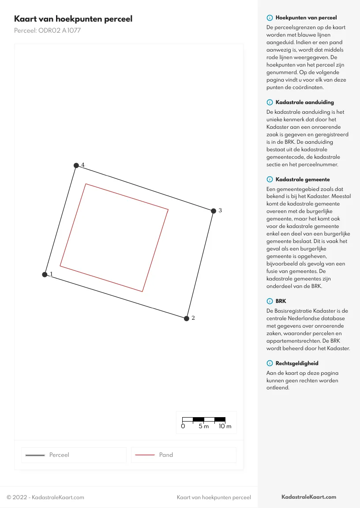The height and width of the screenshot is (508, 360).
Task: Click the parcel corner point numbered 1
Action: pyautogui.click(x=45, y=275)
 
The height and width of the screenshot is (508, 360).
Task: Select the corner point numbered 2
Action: pyautogui.click(x=187, y=318)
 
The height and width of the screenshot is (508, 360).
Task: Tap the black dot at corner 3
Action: pyautogui.click(x=214, y=211)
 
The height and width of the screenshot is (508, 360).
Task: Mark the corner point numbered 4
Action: pyautogui.click(x=76, y=165)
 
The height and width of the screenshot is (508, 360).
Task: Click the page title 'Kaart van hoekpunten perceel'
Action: pyautogui.click(x=73, y=19)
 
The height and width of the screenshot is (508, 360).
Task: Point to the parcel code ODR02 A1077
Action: pyautogui.click(x=47, y=31)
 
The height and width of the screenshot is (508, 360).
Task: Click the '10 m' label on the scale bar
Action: pyautogui.click(x=225, y=426)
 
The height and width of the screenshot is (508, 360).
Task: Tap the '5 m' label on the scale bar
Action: pyautogui.click(x=203, y=426)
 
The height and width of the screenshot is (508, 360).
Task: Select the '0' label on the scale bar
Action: pyautogui.click(x=183, y=426)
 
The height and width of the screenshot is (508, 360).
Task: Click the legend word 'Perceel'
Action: pyautogui.click(x=59, y=455)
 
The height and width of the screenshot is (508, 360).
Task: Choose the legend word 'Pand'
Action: pyautogui.click(x=166, y=455)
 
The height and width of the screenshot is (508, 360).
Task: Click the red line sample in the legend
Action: pyautogui.click(x=145, y=455)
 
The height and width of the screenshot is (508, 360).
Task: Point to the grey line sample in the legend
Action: pyautogui.click(x=35, y=455)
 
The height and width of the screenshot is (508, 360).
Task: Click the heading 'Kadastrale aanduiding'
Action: pyautogui.click(x=304, y=102)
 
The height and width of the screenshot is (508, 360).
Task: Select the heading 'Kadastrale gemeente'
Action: pyautogui.click(x=303, y=179)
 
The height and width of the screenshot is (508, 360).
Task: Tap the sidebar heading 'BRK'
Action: pyautogui.click(x=281, y=301)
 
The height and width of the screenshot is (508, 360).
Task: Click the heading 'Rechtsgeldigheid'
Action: pyautogui.click(x=297, y=363)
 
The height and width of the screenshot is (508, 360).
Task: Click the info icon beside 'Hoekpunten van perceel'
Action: pyautogui.click(x=270, y=18)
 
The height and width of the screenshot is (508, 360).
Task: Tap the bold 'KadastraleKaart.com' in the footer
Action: pyautogui.click(x=309, y=497)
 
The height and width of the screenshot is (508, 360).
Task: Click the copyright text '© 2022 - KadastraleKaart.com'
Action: pyautogui.click(x=45, y=497)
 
